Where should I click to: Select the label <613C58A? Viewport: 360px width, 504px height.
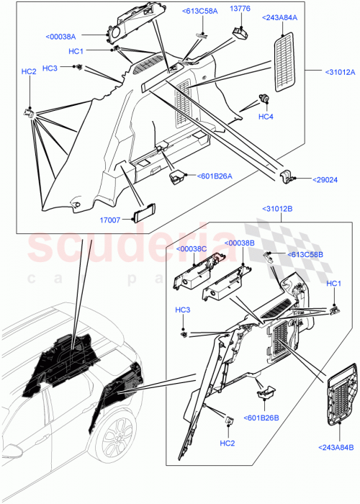click(202, 12)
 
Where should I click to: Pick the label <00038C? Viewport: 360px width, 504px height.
click(191, 249)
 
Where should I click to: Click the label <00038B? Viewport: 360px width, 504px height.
click(240, 243)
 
